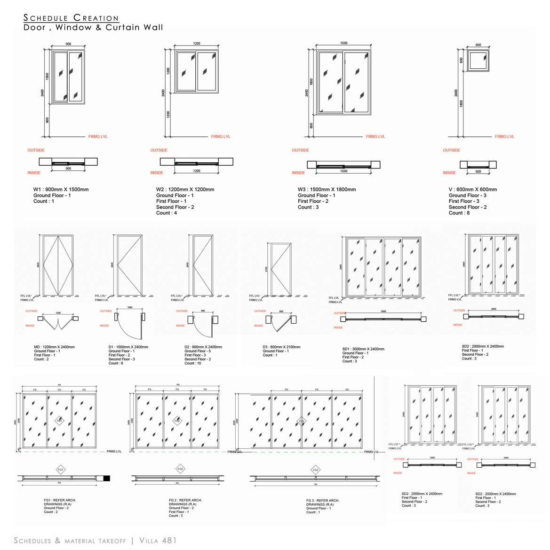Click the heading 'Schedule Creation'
coord(71,18)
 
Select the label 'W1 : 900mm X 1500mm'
coord(61,190)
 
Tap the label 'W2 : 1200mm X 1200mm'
coord(185,190)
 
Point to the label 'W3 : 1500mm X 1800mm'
coord(327,190)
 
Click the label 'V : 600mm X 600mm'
coord(472,190)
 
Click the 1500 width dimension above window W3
coord(343,43)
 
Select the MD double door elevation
coord(58,265)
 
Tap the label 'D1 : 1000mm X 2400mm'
coord(128,347)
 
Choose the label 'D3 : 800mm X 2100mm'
coord(282,347)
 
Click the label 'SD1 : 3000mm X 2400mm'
coord(363,349)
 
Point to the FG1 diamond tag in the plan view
coord(61,470)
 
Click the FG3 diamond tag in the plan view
coord(316,470)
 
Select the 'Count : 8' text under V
coord(459,213)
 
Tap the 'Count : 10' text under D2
coord(193,363)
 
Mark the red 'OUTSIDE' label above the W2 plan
coord(159,151)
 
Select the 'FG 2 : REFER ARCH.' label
coord(185,500)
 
